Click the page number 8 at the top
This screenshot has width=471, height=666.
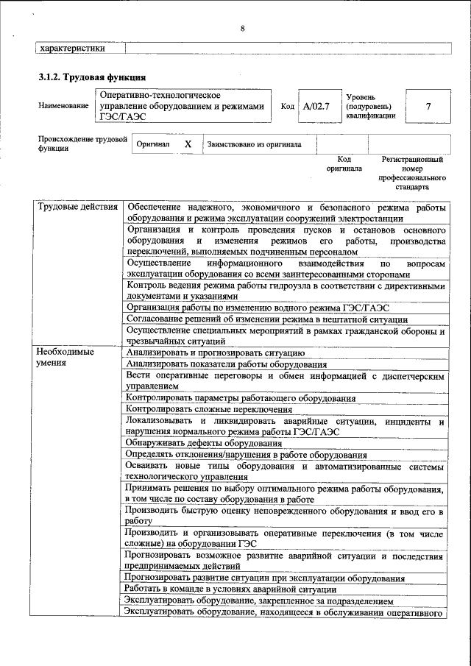click(241, 29)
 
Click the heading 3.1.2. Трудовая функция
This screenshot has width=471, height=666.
click(92, 77)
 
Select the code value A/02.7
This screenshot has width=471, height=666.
click(317, 106)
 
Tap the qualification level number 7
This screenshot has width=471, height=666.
click(428, 106)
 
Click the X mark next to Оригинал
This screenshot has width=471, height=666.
click(188, 144)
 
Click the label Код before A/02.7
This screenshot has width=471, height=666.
click(288, 107)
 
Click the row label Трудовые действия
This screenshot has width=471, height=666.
click(77, 207)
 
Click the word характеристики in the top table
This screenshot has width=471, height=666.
click(71, 49)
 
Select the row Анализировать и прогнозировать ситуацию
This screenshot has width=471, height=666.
click(210, 353)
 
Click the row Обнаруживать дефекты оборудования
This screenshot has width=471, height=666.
click(204, 443)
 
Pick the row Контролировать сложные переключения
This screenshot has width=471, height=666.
click(209, 409)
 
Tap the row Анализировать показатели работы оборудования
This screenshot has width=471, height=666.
click(227, 364)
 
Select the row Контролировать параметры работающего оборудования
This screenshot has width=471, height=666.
click(230, 398)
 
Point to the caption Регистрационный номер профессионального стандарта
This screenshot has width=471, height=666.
click(412, 173)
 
